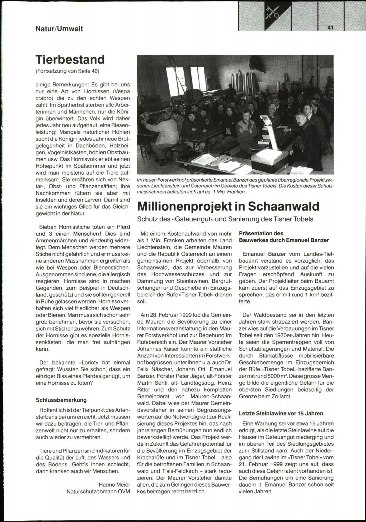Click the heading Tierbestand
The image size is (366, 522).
pyautogui.click(x=70, y=60)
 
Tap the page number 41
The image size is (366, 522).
pyautogui.click(x=331, y=27)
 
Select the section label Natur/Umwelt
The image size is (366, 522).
pyautogui.click(x=59, y=29)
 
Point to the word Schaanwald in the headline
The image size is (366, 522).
pyautogui.click(x=283, y=206)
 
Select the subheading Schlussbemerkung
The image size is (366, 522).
pyautogui.click(x=61, y=400)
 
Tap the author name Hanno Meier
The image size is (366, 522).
pyautogui.click(x=114, y=484)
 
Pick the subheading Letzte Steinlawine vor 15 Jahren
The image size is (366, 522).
pyautogui.click(x=281, y=414)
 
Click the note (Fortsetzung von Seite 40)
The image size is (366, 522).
pyautogui.click(x=68, y=71)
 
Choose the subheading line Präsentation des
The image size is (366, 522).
pyautogui.click(x=261, y=234)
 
